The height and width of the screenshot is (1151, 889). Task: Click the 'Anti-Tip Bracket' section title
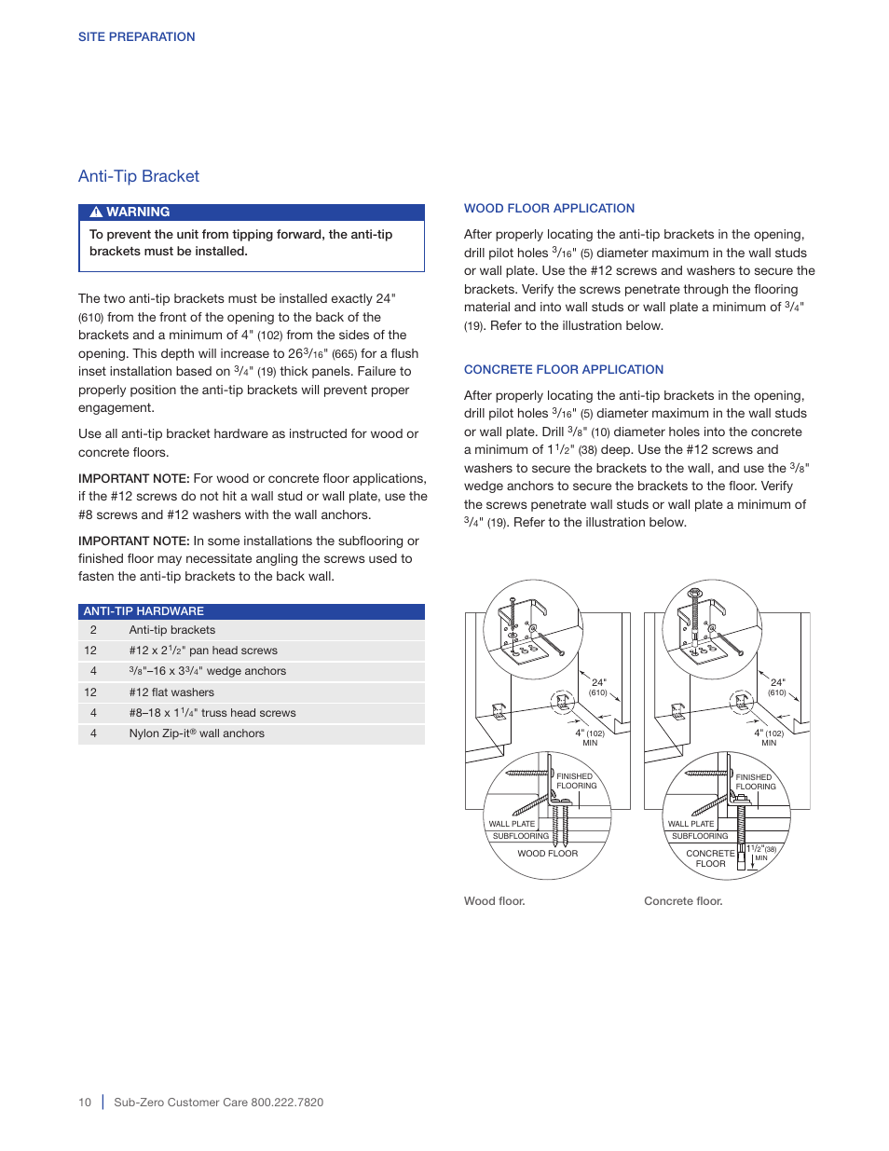[139, 176]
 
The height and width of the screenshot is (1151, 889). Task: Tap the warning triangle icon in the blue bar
[95, 212]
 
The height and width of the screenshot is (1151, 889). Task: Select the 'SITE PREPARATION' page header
[136, 37]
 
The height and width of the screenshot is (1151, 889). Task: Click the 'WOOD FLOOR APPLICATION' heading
[549, 209]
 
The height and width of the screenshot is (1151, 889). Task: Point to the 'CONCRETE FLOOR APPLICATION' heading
[564, 370]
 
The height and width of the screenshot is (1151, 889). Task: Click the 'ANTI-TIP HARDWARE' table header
[144, 611]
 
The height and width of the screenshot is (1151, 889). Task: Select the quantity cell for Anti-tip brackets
[93, 630]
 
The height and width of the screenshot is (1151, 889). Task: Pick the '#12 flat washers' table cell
[171, 692]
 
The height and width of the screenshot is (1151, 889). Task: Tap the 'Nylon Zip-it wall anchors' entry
[197, 733]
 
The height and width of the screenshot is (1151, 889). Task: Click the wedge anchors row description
[207, 671]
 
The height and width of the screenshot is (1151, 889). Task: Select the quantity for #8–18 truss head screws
[93, 713]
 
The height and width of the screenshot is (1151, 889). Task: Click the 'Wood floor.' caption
[495, 901]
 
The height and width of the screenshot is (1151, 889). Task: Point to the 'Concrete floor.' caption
[683, 901]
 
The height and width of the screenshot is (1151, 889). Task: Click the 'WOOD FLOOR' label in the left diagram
[547, 854]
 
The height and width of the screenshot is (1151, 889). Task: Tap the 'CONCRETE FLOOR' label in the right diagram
[710, 858]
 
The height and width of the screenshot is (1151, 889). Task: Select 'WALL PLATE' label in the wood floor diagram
[512, 824]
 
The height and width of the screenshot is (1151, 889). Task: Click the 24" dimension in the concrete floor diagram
[777, 683]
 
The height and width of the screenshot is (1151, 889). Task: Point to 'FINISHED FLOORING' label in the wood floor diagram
[576, 781]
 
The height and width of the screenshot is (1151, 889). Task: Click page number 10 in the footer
[85, 1103]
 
